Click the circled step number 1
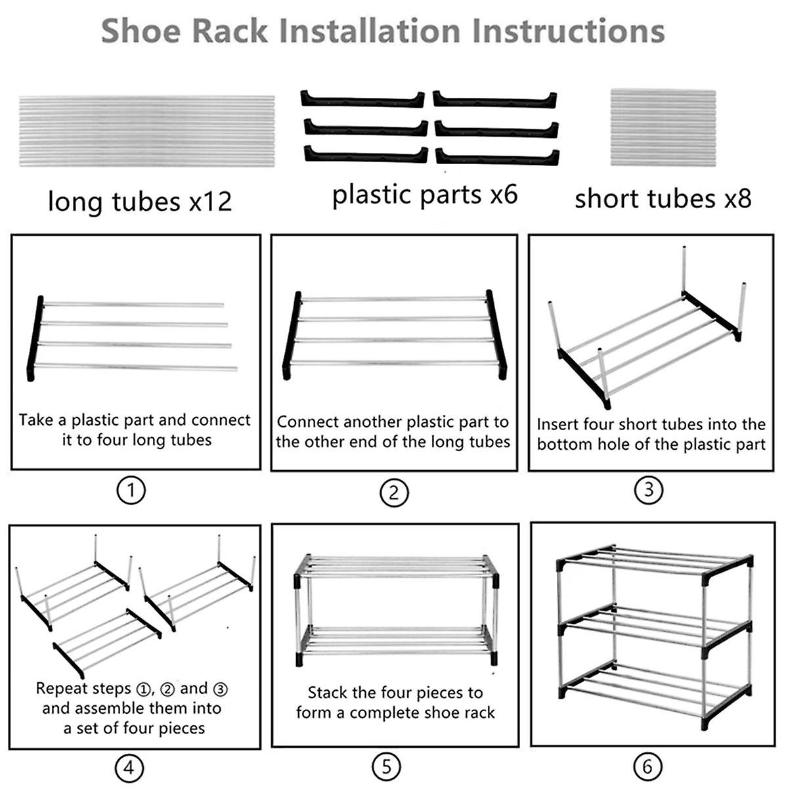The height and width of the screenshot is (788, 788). pos(131,490)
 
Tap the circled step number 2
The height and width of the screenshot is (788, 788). pos(394,492)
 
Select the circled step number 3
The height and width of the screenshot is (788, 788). pos(649,489)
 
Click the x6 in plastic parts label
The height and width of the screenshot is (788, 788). pos(504,194)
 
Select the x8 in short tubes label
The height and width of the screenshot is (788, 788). pos(736,198)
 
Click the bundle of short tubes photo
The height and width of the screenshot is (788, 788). pos(663,127)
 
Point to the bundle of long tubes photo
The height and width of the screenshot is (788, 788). pos(146,131)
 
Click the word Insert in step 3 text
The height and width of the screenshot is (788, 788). pos(558,424)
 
